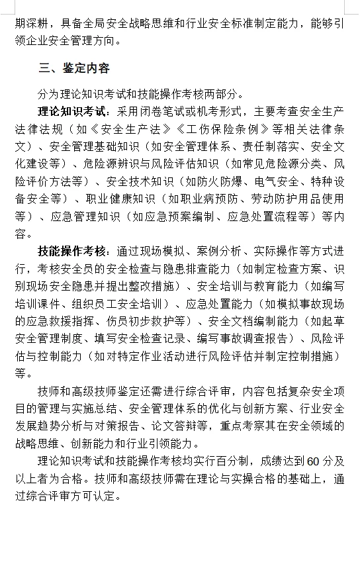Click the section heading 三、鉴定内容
pos(74,68)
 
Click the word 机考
pos(212,111)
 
